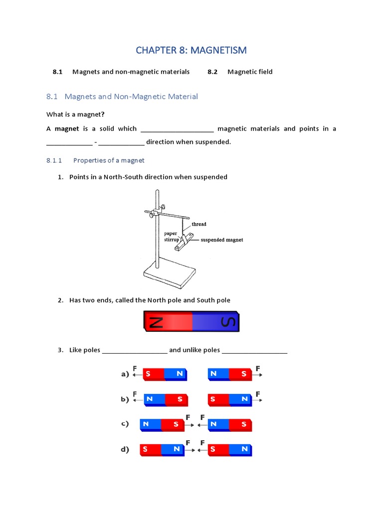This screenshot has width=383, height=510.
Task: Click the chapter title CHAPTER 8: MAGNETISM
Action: tap(191, 50)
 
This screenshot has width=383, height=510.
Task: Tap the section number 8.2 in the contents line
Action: tap(212, 72)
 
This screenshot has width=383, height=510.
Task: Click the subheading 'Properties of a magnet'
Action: tap(109, 160)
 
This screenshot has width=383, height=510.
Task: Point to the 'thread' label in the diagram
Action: tap(198, 224)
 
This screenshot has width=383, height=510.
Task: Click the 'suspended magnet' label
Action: tap(221, 240)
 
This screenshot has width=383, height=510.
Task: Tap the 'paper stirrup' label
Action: tap(172, 236)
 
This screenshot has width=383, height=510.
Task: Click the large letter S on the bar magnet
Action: tap(227, 322)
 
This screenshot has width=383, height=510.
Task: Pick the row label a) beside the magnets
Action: tap(125, 374)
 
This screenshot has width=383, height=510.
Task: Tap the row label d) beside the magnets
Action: tap(125, 450)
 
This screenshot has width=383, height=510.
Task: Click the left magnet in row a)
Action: tap(165, 375)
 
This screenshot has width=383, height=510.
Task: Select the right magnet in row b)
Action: tap(230, 399)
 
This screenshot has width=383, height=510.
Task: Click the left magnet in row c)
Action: tap(162, 425)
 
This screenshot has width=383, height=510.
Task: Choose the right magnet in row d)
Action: tap(230, 450)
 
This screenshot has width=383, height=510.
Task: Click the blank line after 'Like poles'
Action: tap(135, 351)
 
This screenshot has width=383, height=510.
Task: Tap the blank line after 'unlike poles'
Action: tap(254, 351)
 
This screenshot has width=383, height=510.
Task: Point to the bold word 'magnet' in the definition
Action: tap(67, 128)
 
